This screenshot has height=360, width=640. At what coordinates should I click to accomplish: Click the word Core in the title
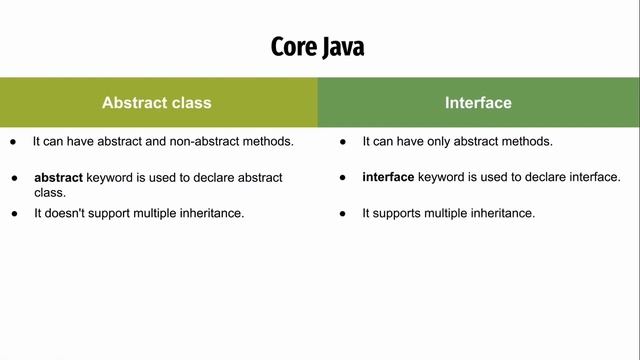[x=292, y=47]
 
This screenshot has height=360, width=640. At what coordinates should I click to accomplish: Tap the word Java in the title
[x=344, y=47]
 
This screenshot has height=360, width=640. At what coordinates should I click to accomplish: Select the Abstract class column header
[x=157, y=102]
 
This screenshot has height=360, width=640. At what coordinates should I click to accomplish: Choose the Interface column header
[x=478, y=102]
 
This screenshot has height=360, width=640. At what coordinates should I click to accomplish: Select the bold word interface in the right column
[x=388, y=177]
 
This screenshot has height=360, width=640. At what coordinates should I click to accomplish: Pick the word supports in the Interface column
[x=396, y=213]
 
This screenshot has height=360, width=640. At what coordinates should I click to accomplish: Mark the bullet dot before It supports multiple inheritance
[x=343, y=213]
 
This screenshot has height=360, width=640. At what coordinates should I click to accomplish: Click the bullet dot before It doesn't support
[x=14, y=213]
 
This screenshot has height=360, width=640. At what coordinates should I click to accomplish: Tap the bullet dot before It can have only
[x=343, y=141]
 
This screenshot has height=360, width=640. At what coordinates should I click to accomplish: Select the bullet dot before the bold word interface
[x=343, y=177]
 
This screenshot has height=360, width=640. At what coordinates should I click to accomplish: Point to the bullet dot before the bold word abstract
[x=14, y=178]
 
